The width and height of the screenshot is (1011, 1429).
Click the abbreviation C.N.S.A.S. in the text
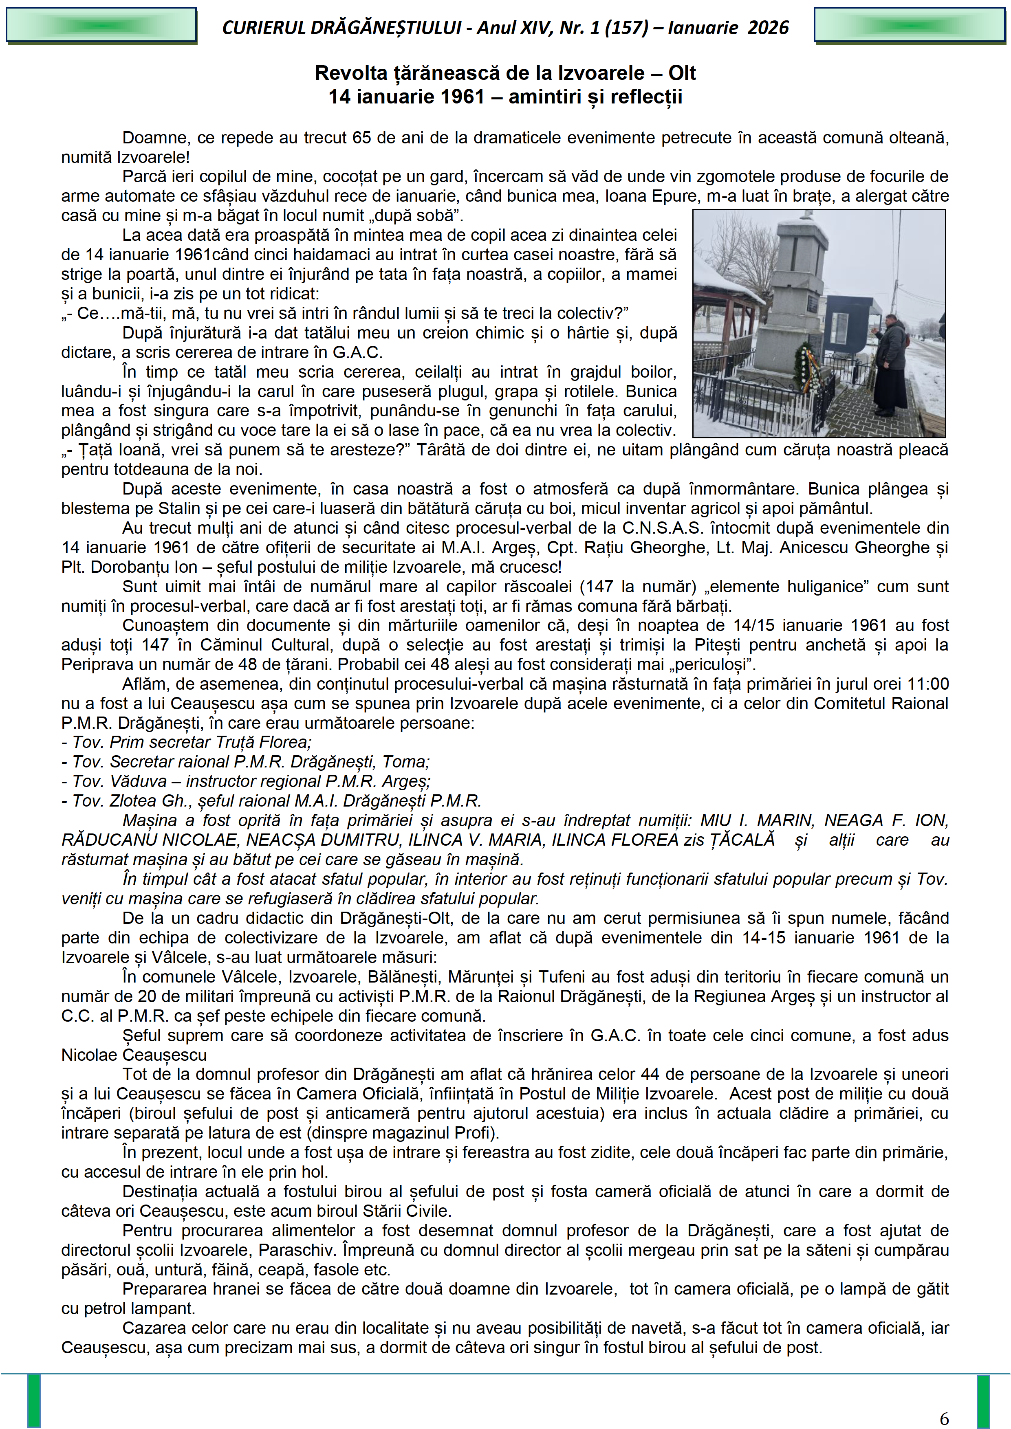coord(661,528)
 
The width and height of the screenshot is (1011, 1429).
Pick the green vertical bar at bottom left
coord(33,1400)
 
